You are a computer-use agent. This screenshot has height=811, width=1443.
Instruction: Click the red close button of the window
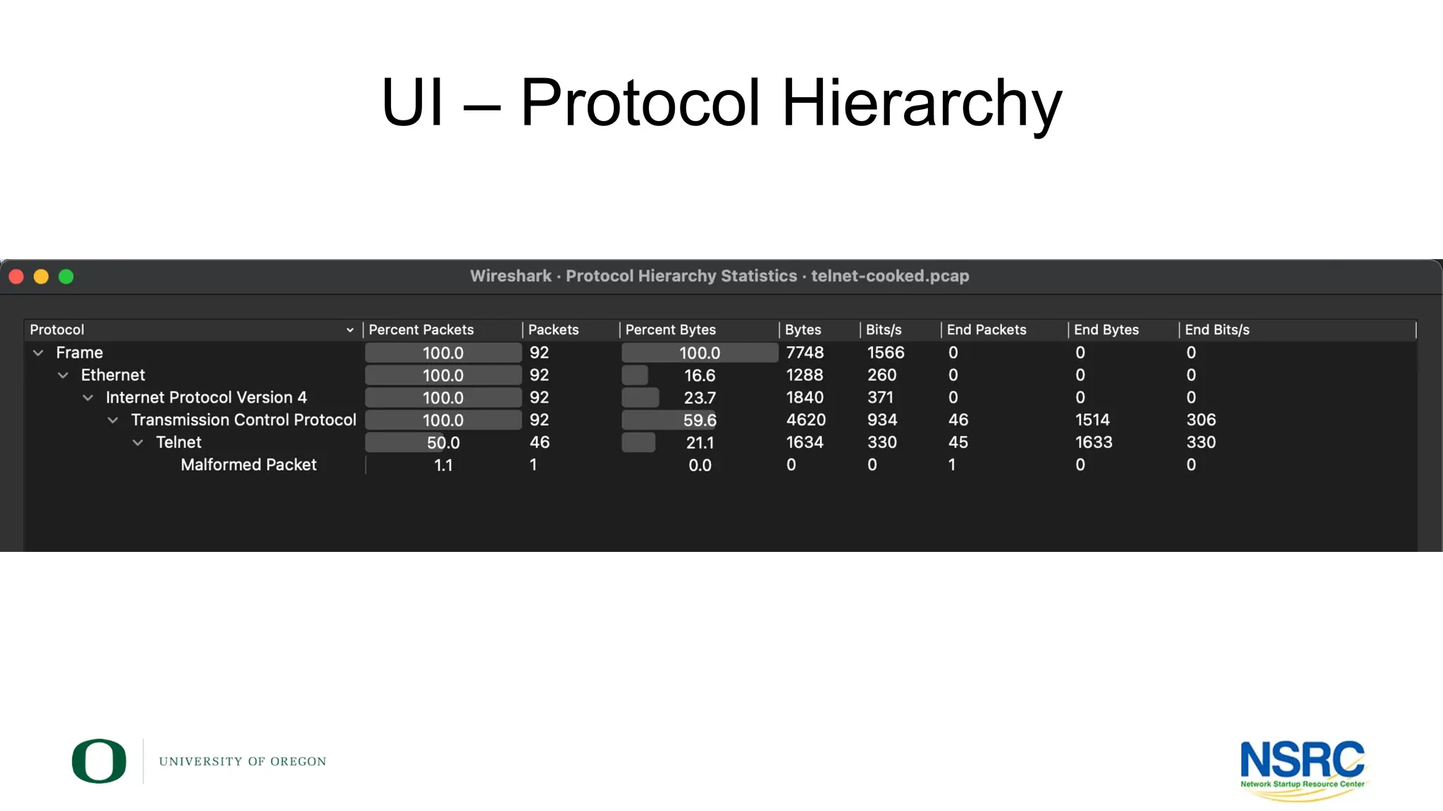[x=16, y=277]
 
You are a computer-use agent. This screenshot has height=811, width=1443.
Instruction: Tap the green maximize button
[x=66, y=277]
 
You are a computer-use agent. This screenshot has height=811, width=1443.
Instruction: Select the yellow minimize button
[x=42, y=277]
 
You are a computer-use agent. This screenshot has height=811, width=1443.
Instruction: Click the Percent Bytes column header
[x=670, y=329]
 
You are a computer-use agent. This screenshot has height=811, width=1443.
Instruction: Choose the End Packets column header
[x=986, y=329]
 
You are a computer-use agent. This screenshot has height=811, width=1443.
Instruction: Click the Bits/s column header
[x=884, y=329]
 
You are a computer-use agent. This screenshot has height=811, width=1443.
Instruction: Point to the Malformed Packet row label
[x=249, y=465]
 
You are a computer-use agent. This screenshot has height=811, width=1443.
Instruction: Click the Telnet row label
[x=178, y=442]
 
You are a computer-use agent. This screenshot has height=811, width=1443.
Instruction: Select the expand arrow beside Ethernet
[x=63, y=375]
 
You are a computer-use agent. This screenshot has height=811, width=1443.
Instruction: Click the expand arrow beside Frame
[x=39, y=353]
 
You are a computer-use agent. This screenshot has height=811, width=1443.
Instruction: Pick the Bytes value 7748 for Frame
[x=805, y=353]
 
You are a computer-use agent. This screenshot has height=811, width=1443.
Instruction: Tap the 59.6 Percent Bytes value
[x=700, y=420]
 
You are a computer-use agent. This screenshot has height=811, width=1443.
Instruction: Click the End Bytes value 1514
[x=1092, y=420]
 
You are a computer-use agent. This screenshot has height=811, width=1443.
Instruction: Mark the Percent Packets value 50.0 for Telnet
[x=443, y=443]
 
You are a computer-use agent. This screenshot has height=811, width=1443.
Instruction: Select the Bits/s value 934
[x=882, y=420]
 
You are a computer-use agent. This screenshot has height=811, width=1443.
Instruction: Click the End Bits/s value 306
[x=1201, y=420]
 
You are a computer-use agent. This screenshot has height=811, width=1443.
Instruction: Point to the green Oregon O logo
[x=99, y=761]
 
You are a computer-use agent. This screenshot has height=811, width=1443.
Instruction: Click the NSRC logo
[x=1303, y=767]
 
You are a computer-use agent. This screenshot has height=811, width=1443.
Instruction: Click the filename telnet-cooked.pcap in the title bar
[x=890, y=276]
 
